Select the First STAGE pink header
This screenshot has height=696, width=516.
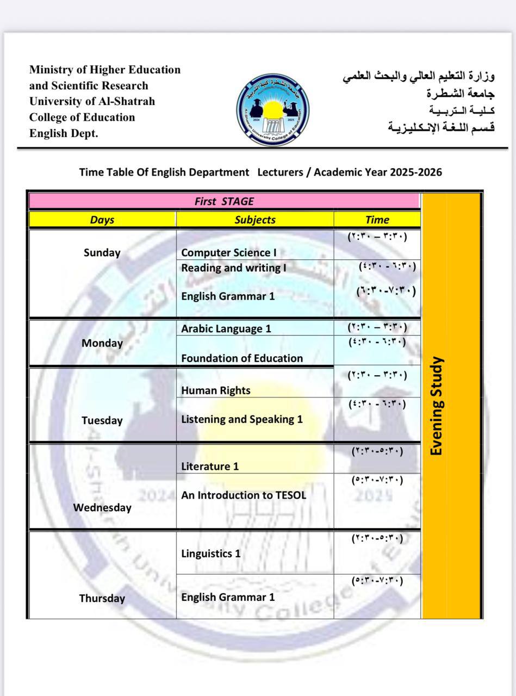pyautogui.click(x=224, y=201)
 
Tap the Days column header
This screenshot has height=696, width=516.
pyautogui.click(x=102, y=220)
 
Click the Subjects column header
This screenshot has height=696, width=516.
pyautogui.click(x=255, y=220)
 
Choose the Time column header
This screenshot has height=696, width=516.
pyautogui.click(x=377, y=220)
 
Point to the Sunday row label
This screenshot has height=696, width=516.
pyautogui.click(x=102, y=252)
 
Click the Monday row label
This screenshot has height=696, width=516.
pyautogui.click(x=102, y=343)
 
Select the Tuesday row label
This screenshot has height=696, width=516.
pyautogui.click(x=102, y=420)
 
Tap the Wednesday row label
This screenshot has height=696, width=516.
pyautogui.click(x=102, y=507)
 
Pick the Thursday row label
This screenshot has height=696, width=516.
pyautogui.click(x=102, y=598)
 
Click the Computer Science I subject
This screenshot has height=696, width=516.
pyautogui.click(x=229, y=252)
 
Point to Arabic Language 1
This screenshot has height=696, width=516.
pyautogui.click(x=226, y=328)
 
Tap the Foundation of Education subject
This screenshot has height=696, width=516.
pyautogui.click(x=242, y=358)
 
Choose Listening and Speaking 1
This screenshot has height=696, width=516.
pyautogui.click(x=242, y=419)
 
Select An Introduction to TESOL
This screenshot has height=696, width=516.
pyautogui.click(x=244, y=495)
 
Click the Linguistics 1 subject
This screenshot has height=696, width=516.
pyautogui.click(x=211, y=554)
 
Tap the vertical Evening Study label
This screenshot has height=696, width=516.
pyautogui.click(x=437, y=406)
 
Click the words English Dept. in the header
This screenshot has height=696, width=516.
pyautogui.click(x=64, y=133)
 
